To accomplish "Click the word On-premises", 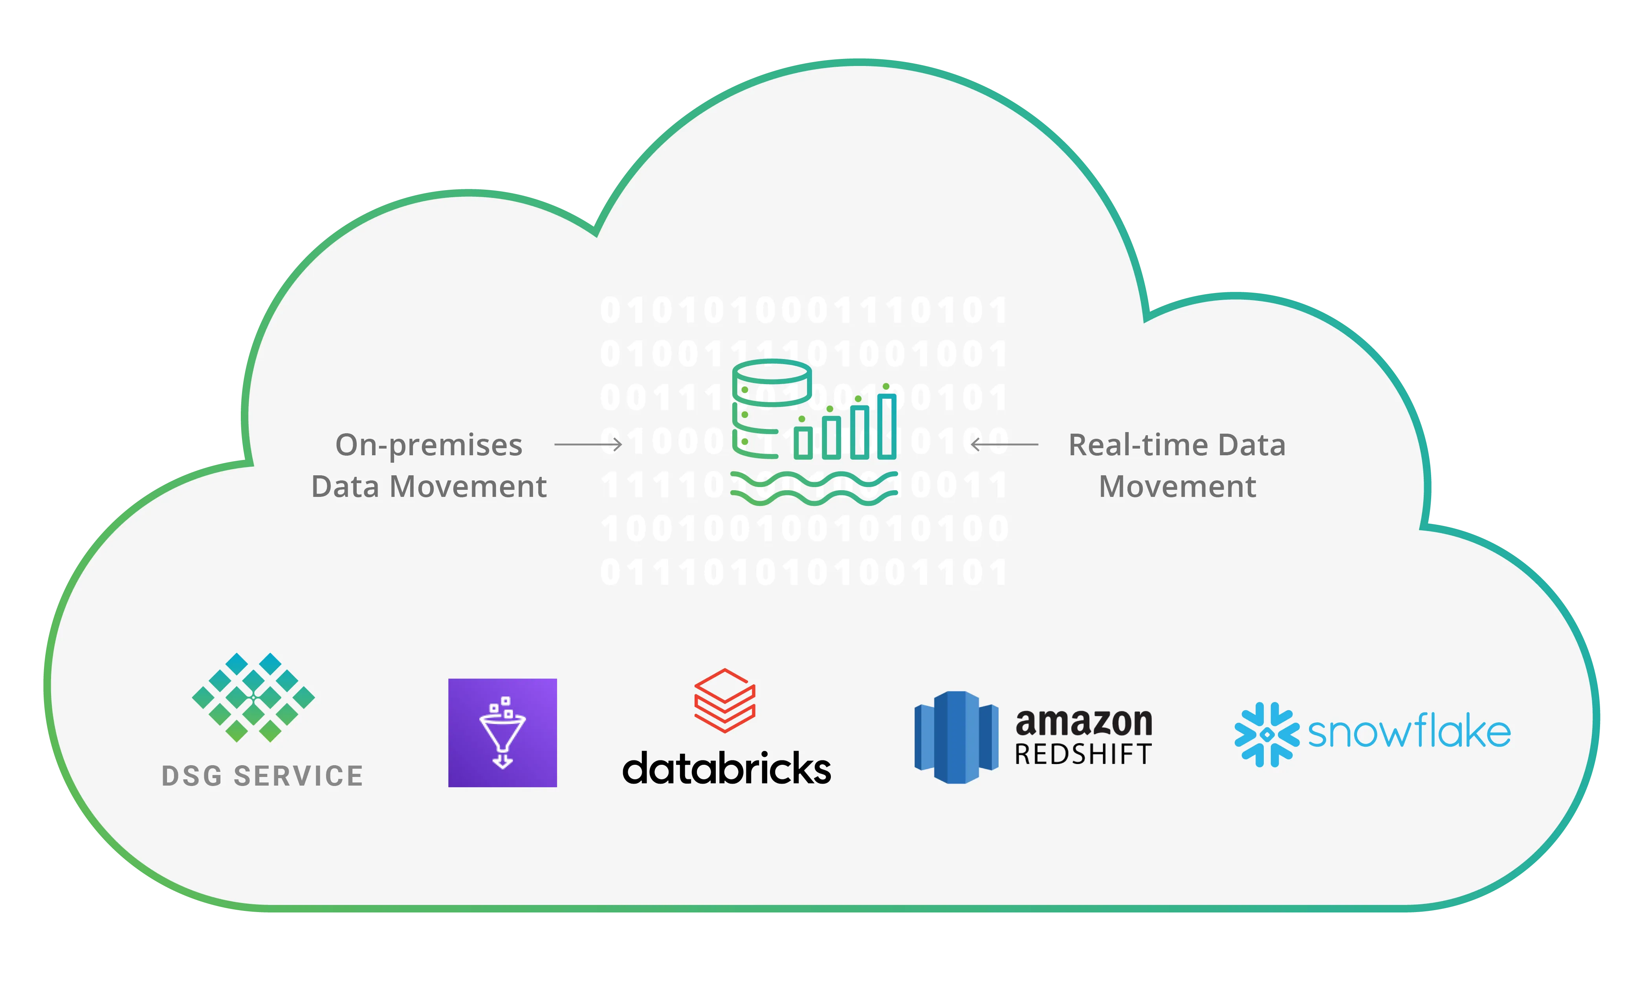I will point(429,446).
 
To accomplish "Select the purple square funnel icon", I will point(502,733).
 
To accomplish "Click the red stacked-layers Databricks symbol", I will point(724,700).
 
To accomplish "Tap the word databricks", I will point(726,769).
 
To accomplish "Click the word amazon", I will point(1084,723).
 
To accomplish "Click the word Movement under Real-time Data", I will point(1177,487).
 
